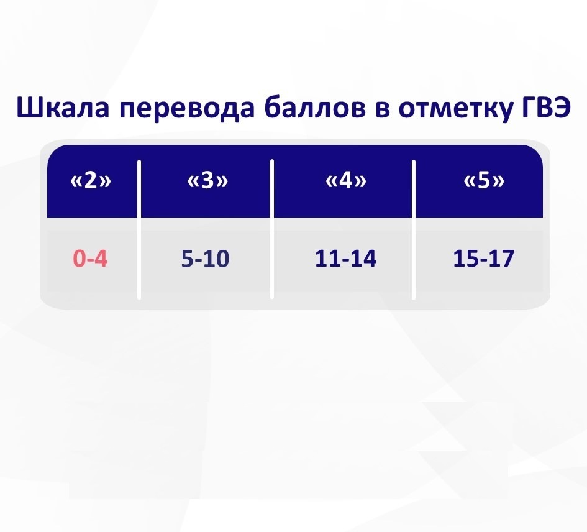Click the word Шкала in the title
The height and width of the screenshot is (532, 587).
pos(63,108)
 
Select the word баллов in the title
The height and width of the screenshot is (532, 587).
pos(315,108)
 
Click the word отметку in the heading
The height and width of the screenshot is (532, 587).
pos(455,111)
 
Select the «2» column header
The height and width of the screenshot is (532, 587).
pos(91,181)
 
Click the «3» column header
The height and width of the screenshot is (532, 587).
pos(207,181)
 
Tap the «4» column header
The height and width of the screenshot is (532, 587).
pos(345,181)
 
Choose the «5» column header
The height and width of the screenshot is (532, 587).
pos(484,181)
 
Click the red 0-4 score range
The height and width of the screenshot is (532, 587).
pos(90,259)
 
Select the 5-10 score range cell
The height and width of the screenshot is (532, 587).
pos(205,259)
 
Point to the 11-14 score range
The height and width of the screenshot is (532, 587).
pos(345,259)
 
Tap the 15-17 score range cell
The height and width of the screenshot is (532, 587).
pos(483,259)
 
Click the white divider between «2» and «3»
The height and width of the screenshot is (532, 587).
pos(139,230)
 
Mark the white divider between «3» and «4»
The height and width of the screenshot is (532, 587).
pos(272,229)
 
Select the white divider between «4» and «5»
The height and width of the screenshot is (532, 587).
pos(414,230)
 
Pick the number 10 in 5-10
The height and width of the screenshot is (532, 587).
pos(217,259)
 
